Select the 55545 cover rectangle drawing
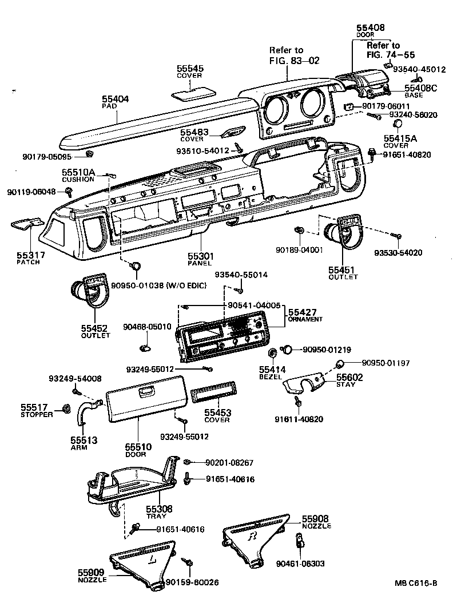[190, 92]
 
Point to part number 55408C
[420, 88]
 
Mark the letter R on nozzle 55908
[252, 537]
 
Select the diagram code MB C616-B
[415, 584]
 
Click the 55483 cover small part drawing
[233, 133]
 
